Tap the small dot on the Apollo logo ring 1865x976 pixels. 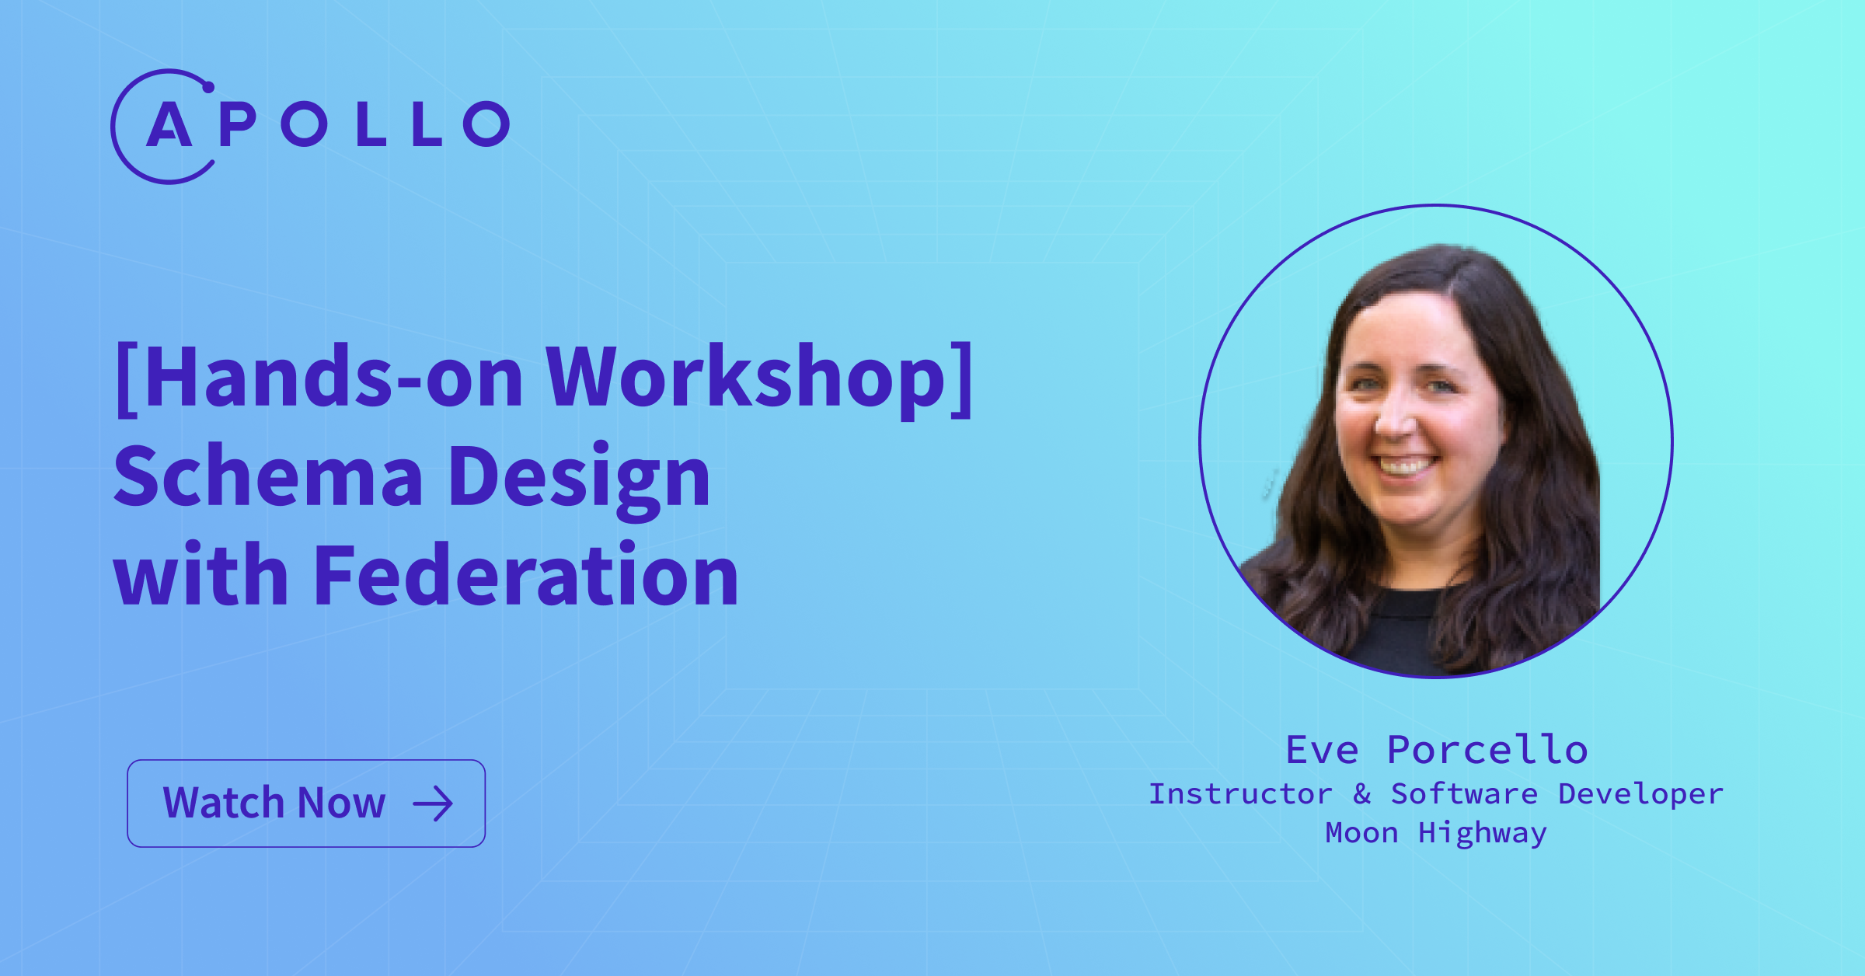click(x=208, y=87)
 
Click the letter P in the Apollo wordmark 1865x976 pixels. click(x=238, y=124)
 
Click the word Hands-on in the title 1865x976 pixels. click(x=334, y=377)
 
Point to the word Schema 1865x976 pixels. click(x=268, y=476)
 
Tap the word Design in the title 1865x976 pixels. click(x=580, y=479)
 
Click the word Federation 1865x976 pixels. click(x=526, y=575)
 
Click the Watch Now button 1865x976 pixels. click(x=306, y=803)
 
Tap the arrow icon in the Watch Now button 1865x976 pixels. click(x=433, y=804)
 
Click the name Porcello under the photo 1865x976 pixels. click(x=1487, y=750)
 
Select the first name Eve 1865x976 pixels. click(x=1322, y=750)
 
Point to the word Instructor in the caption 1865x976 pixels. click(x=1240, y=794)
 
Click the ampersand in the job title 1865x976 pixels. click(x=1361, y=794)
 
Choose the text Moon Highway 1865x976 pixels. click(x=1436, y=834)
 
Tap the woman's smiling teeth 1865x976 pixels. click(x=1405, y=467)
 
